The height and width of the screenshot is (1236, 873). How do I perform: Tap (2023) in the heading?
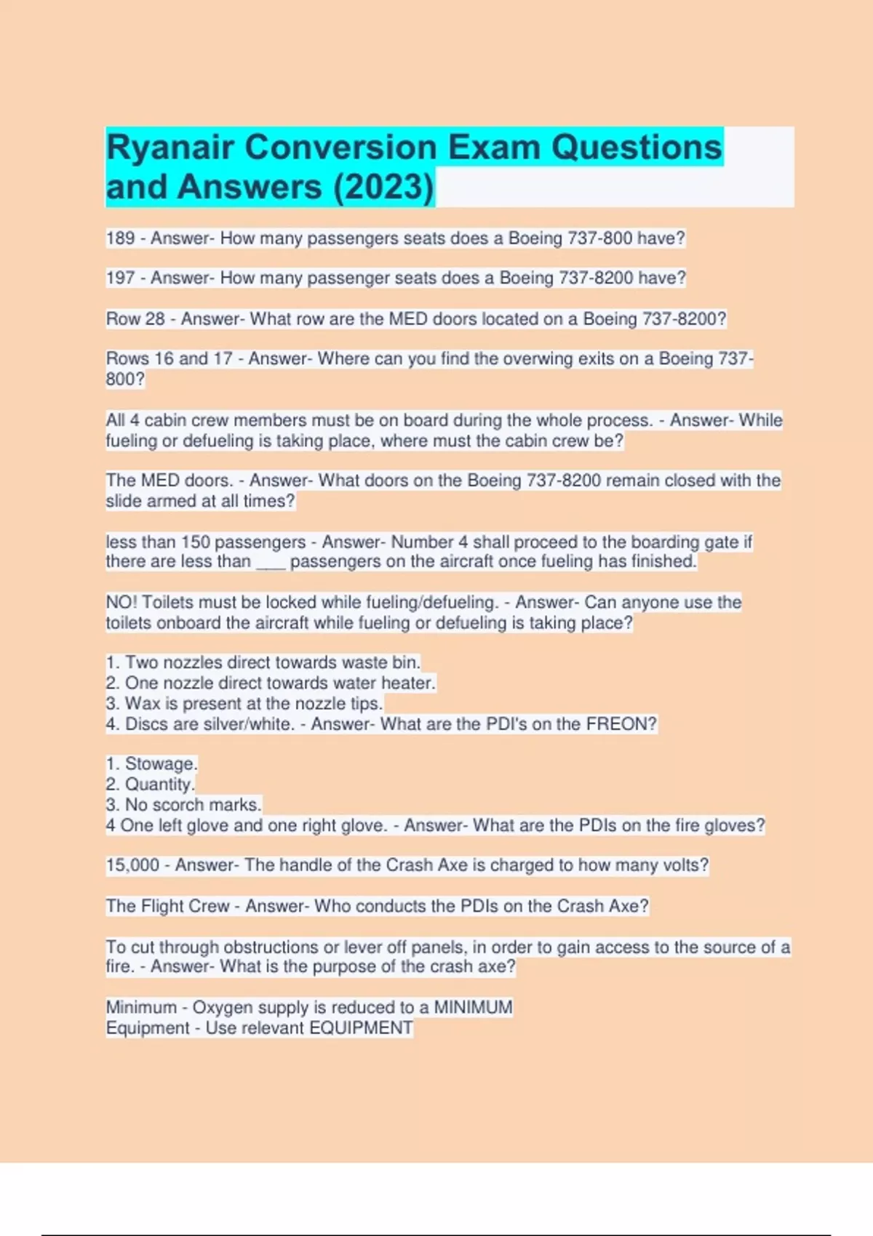click(383, 187)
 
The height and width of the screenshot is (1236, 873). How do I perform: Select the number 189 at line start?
click(120, 238)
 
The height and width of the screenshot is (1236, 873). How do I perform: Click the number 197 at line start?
click(120, 278)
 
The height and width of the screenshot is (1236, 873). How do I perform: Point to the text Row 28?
click(135, 319)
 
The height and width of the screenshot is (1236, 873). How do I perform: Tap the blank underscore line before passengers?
click(271, 562)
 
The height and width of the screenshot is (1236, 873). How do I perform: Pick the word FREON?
click(621, 724)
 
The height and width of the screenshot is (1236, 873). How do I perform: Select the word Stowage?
click(161, 764)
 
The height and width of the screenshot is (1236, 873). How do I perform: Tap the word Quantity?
click(159, 784)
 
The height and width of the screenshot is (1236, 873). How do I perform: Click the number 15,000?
click(132, 865)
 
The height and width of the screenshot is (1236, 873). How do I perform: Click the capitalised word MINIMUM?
click(473, 1008)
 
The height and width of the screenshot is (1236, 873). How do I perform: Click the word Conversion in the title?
click(340, 148)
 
